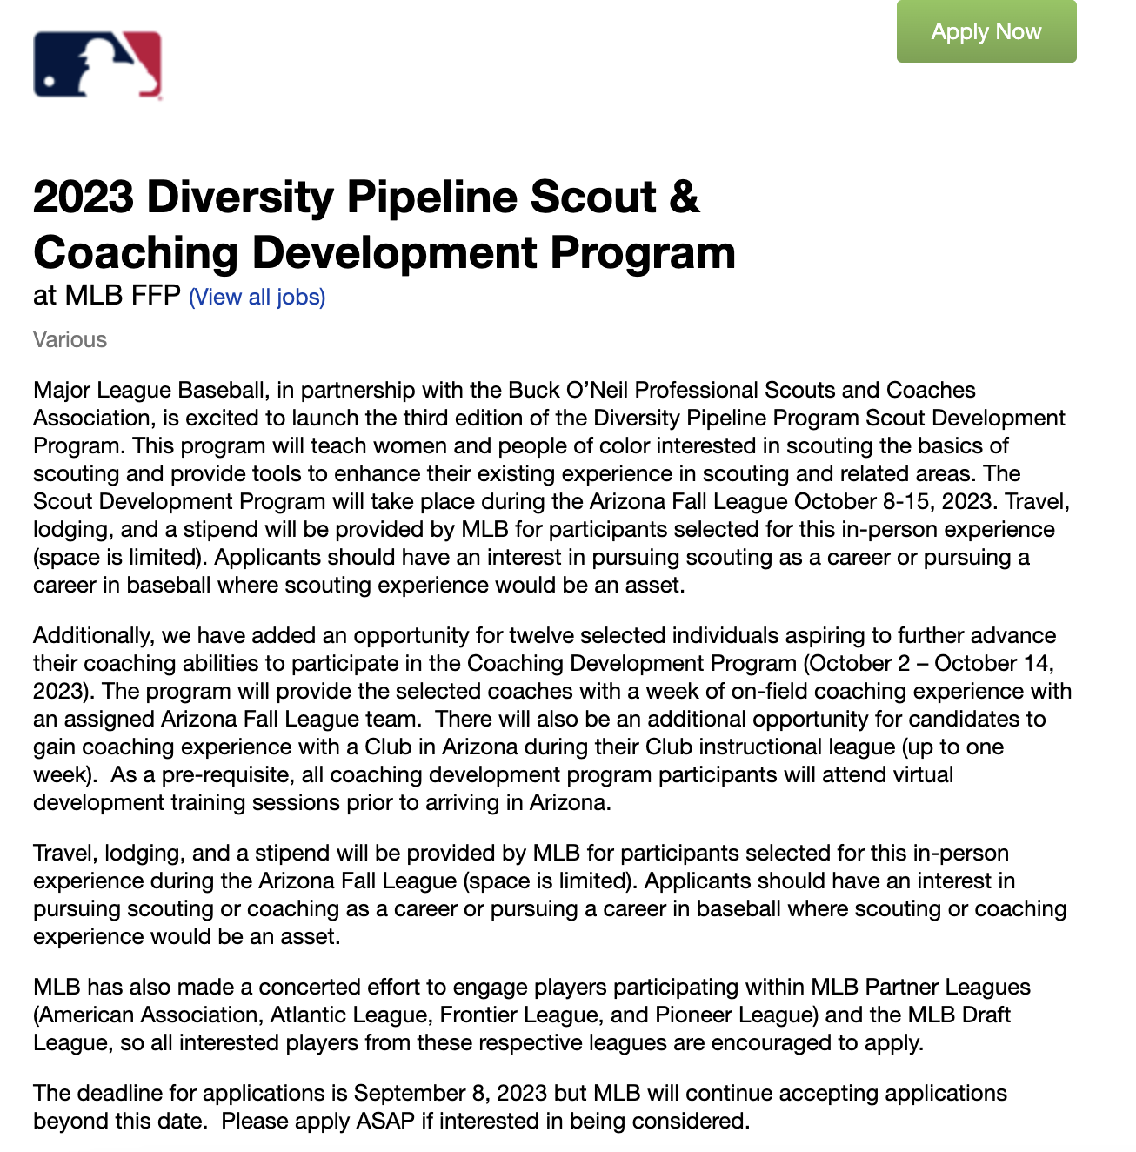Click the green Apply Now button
pos(986,31)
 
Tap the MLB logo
pos(97,65)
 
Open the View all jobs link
pos(257,297)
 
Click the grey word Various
pos(70,339)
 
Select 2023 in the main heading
pos(84,197)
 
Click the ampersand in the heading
pos(684,197)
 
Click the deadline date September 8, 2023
pos(450,1093)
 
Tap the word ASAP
pos(385,1121)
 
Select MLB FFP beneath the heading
pos(122,296)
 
